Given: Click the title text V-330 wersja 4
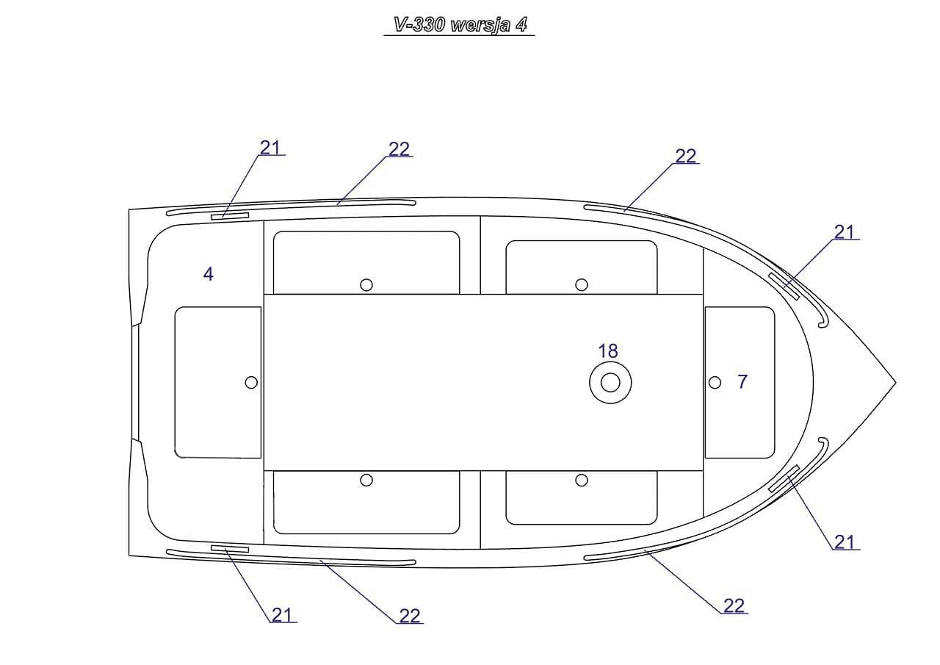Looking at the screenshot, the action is click(460, 25).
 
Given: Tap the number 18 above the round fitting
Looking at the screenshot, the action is click(608, 351).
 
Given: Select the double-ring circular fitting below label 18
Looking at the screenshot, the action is click(610, 382).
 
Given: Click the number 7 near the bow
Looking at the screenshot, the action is click(742, 381).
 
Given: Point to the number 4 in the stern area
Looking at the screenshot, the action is click(208, 274).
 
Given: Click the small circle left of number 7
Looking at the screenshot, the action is click(715, 382).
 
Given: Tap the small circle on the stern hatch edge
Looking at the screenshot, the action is click(251, 382).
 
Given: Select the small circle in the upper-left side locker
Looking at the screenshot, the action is click(366, 285).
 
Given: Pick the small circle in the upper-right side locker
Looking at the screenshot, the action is click(581, 285).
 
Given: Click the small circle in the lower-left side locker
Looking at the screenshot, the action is click(366, 481).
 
